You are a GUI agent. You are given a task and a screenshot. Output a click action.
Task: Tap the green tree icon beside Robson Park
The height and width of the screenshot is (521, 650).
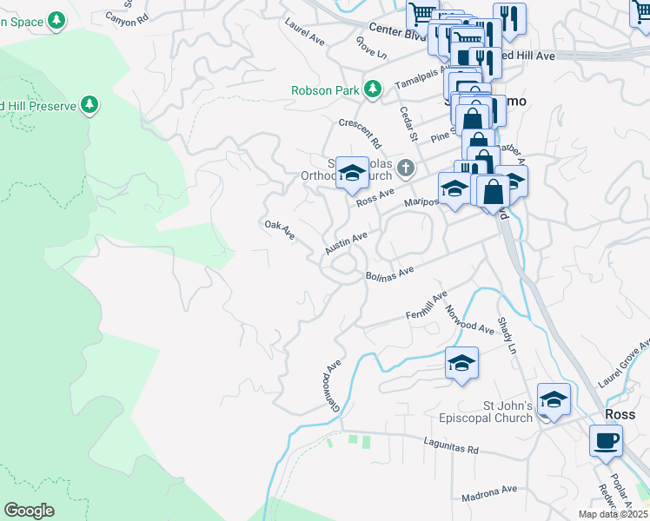(x=373, y=89)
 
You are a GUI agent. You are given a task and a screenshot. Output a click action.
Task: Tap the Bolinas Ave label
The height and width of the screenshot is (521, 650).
(x=387, y=274)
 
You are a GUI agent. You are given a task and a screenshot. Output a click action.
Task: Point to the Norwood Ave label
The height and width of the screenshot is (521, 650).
(x=469, y=319)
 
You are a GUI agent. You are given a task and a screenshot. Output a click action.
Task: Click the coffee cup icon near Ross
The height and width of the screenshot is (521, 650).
(x=606, y=440)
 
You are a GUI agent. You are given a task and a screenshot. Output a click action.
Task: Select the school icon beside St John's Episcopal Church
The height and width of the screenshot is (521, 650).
(x=554, y=399)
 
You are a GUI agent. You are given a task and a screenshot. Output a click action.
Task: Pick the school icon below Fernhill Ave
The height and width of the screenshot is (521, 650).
(x=461, y=363)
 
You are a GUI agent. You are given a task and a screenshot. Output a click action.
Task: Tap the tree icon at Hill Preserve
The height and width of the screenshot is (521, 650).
(x=89, y=105)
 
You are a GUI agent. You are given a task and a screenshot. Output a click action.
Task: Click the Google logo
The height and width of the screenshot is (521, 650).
(x=30, y=511)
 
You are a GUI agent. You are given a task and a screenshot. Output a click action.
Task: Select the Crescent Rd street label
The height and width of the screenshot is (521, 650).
(x=361, y=132)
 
